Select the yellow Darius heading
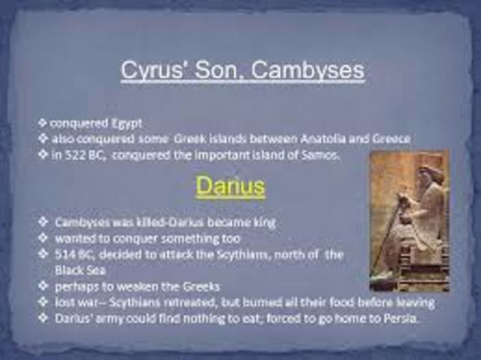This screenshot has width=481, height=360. tap(230, 186)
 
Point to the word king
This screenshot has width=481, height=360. tap(261, 222)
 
